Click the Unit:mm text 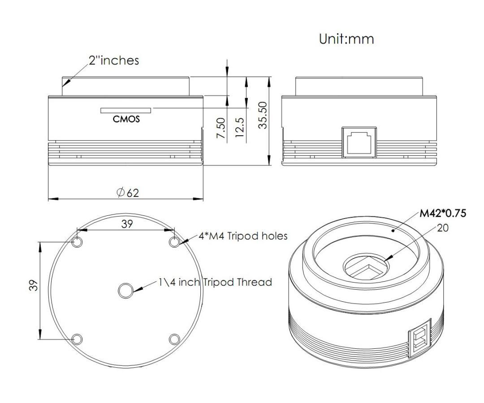346,39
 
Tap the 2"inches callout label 114,60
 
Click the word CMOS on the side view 126,119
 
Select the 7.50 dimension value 221,128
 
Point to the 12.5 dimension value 240,127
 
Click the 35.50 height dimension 263,115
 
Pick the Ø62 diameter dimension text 128,193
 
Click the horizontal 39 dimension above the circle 127,224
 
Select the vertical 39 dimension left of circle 33,285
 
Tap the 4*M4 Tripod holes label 243,236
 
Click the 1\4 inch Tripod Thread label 215,282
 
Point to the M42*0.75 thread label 443,213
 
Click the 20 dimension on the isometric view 443,228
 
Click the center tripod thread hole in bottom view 126,291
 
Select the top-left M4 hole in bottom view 77,242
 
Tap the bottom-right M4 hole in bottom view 174,339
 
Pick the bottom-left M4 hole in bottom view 77,339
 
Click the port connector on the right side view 359,142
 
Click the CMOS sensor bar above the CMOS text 126,111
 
